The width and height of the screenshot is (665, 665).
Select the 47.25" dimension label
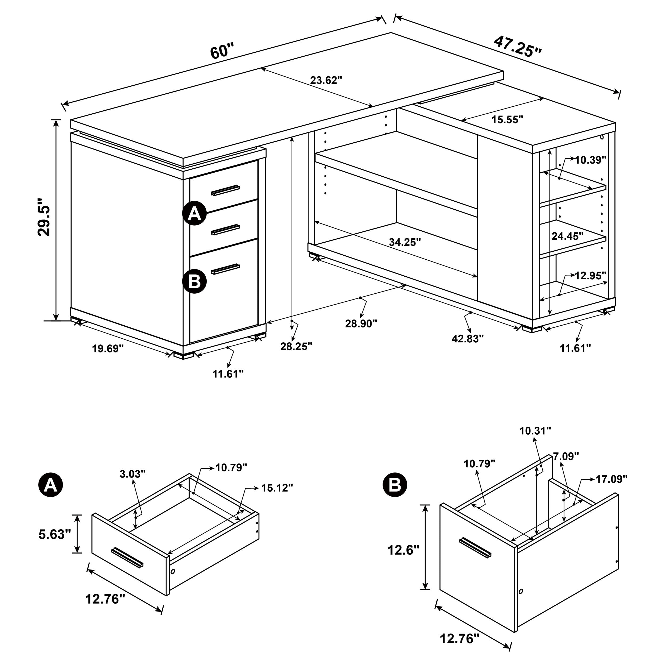click(517, 47)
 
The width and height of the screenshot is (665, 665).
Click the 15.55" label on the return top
click(507, 120)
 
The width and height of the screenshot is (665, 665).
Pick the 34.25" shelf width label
click(405, 242)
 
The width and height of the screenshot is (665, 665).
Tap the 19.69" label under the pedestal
click(107, 349)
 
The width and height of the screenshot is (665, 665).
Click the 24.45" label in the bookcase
click(568, 236)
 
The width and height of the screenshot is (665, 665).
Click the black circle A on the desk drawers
click(194, 213)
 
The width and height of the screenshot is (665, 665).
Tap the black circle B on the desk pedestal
click(194, 281)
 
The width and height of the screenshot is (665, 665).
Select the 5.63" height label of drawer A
click(55, 535)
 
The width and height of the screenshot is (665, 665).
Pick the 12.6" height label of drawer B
click(404, 550)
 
